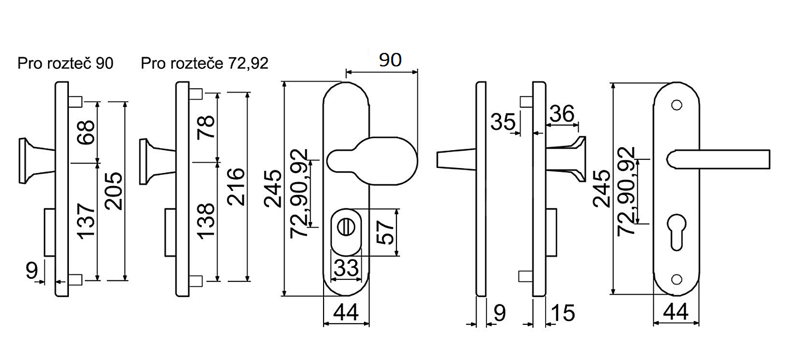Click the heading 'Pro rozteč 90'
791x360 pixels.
(x=65, y=64)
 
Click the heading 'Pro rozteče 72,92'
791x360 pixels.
(x=205, y=64)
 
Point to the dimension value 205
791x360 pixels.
(x=114, y=191)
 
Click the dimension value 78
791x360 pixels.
(x=206, y=127)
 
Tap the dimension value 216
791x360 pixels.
(x=236, y=187)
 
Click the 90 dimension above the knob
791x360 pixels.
(x=390, y=60)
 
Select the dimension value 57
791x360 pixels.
(x=385, y=232)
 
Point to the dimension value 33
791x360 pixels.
(x=346, y=268)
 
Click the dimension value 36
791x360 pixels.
(x=562, y=114)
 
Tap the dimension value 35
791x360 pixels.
(x=503, y=122)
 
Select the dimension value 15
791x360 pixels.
(x=563, y=313)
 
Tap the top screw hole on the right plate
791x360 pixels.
(x=677, y=105)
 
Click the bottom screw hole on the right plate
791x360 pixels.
(x=677, y=279)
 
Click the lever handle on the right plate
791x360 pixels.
(x=719, y=159)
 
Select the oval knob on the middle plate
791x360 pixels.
(x=372, y=161)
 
